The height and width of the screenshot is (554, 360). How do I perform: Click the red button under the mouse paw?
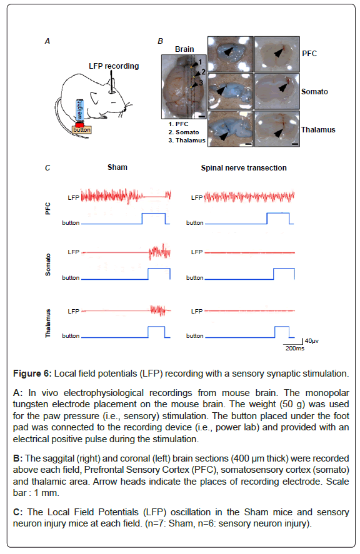tap(79, 125)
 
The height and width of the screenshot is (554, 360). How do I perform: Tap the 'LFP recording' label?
tap(114, 66)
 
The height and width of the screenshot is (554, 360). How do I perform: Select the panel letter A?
tap(47, 41)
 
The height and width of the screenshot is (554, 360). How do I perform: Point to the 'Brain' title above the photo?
tap(184, 49)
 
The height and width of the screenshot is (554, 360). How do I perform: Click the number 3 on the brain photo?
tap(201, 83)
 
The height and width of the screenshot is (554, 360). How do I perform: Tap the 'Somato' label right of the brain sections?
tap(314, 92)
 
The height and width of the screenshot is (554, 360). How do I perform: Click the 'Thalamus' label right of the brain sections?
tap(318, 130)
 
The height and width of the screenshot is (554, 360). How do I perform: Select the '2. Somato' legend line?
tap(184, 132)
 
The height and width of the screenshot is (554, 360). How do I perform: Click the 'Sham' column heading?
tap(117, 167)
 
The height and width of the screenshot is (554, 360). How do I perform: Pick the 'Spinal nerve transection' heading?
tap(244, 168)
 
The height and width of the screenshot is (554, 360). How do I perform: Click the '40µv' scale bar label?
tap(311, 341)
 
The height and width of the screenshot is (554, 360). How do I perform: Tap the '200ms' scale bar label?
tap(294, 349)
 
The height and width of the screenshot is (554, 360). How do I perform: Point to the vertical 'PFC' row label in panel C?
tap(47, 209)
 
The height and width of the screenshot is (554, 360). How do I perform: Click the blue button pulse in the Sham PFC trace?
tap(154, 214)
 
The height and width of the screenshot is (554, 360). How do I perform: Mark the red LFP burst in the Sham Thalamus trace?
tap(157, 310)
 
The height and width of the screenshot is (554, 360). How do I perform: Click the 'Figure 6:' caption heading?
tap(32, 373)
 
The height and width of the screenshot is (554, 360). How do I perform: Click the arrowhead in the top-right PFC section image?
tap(279, 52)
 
